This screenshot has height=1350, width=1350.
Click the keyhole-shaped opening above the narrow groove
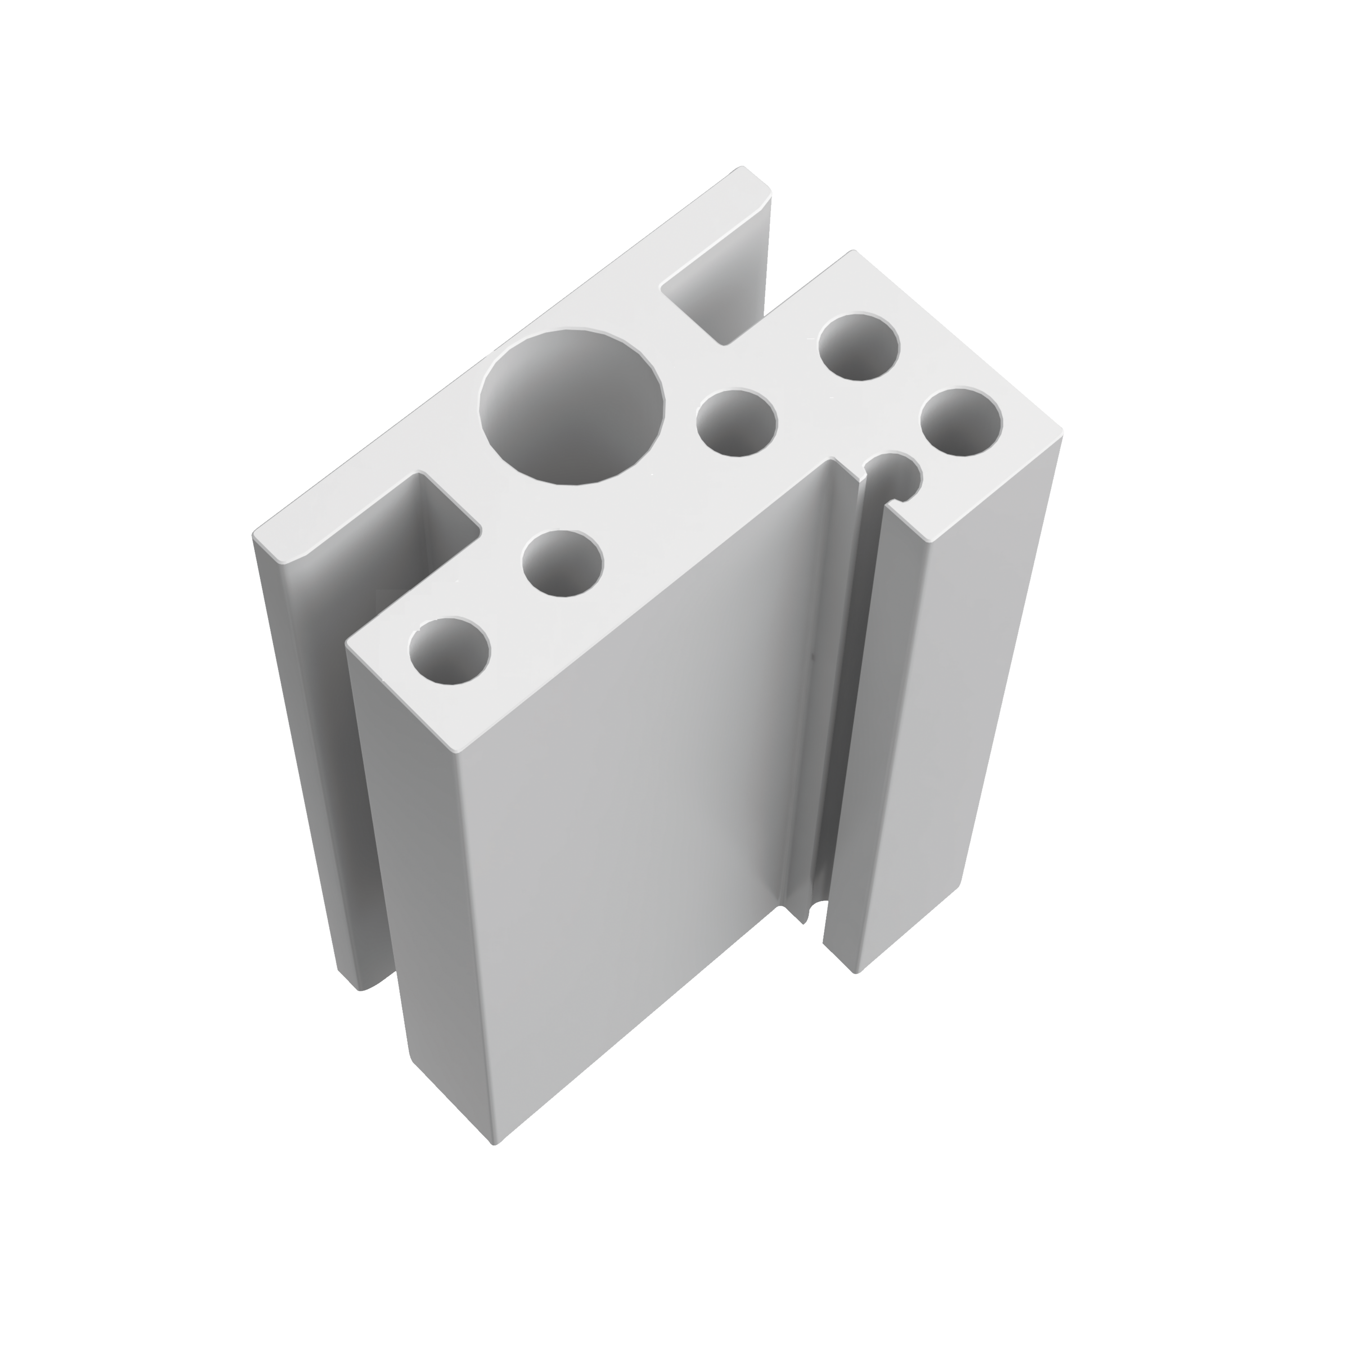pyautogui.click(x=897, y=477)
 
